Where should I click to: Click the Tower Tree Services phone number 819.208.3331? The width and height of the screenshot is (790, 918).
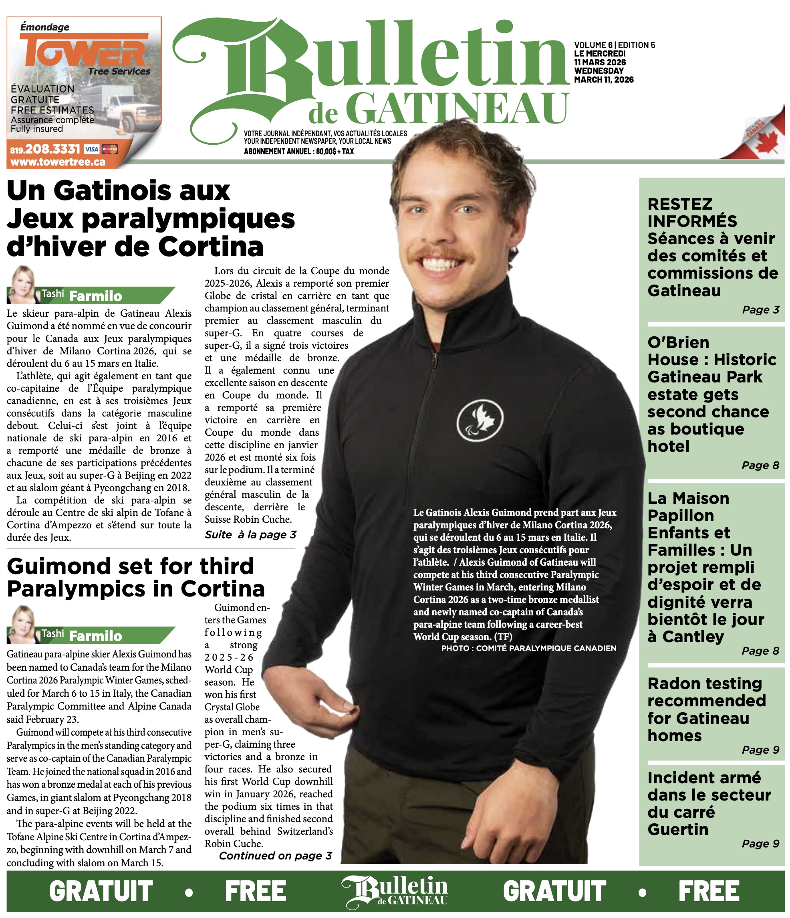point(45,149)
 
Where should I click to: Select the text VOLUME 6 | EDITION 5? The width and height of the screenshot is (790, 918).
point(614,45)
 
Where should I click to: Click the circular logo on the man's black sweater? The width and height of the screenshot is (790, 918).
point(480,419)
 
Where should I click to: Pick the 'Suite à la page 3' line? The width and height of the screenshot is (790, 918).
point(250,535)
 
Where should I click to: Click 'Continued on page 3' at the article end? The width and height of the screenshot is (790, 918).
point(275,855)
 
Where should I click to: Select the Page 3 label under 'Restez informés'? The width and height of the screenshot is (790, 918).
point(760,310)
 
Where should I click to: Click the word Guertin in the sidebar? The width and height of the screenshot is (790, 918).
point(677,829)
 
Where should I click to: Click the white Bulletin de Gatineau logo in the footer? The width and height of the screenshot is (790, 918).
point(395,890)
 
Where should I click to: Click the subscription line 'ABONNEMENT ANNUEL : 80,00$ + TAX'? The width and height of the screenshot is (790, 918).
point(299,152)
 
